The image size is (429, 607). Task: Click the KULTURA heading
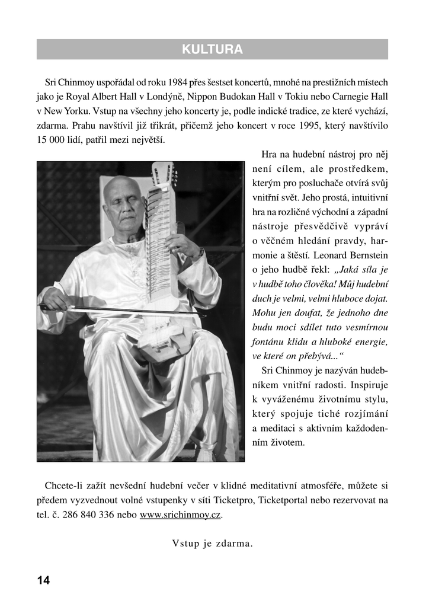pyautogui.click(x=212, y=50)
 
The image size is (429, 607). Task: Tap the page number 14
pyautogui.click(x=43, y=580)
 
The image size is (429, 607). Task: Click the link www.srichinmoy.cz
pyautogui.click(x=180, y=515)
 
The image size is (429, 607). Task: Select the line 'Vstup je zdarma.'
pyautogui.click(x=213, y=543)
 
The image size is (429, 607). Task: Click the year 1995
pyautogui.click(x=307, y=126)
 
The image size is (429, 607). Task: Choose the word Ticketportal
pyautogui.click(x=286, y=500)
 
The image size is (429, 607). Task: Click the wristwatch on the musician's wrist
pyautogui.click(x=200, y=251)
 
